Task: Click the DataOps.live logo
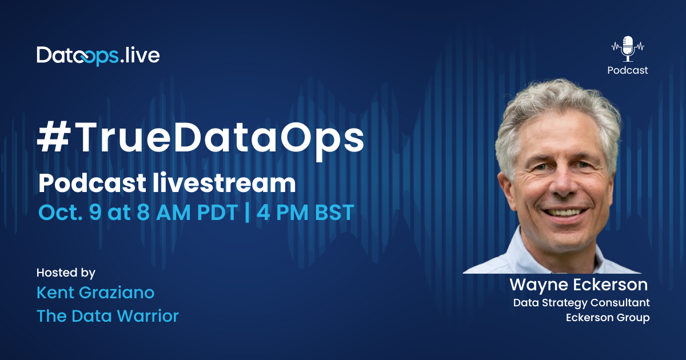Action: click(98, 56)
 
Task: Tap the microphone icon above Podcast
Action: click(628, 49)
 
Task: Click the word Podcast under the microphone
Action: click(628, 70)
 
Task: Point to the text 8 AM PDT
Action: click(188, 212)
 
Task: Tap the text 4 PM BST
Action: click(305, 212)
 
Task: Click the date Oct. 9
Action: click(70, 212)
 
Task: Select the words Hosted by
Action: click(66, 273)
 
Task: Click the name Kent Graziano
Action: click(95, 293)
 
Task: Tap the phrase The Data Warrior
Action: click(107, 316)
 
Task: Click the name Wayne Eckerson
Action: click(579, 285)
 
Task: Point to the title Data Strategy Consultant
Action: click(581, 303)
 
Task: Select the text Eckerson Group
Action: click(608, 318)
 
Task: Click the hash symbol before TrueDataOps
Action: click(53, 136)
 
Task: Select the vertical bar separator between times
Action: click(247, 212)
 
